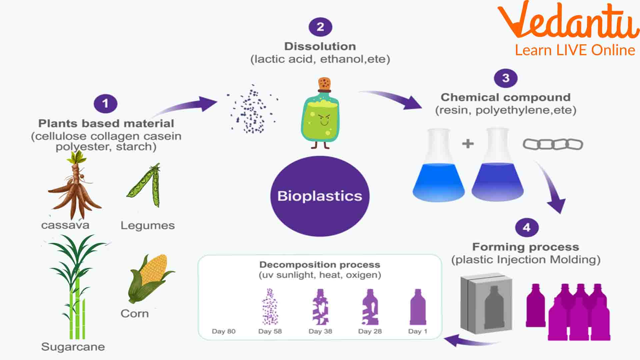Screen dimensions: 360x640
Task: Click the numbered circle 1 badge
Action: (105, 103)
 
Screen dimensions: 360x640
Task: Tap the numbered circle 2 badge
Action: (320, 27)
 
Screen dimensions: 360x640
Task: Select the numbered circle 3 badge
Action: (506, 78)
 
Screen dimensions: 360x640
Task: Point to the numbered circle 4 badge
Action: (527, 227)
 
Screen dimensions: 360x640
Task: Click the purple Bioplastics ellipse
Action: (320, 196)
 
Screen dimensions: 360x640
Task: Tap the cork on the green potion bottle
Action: (324, 84)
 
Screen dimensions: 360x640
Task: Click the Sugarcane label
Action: (73, 347)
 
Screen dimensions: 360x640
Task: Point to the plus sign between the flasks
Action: (468, 144)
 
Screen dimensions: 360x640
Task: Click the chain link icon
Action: (553, 144)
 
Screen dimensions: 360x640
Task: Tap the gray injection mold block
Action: (486, 303)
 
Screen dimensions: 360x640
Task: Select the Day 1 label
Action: (417, 331)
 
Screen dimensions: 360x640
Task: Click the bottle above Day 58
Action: (270, 307)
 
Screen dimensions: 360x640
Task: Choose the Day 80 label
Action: (224, 331)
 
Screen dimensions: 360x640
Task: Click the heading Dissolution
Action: (320, 46)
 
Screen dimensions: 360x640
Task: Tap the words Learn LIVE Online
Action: (575, 50)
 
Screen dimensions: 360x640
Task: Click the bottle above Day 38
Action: (320, 307)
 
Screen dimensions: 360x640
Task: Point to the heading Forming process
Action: (526, 247)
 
